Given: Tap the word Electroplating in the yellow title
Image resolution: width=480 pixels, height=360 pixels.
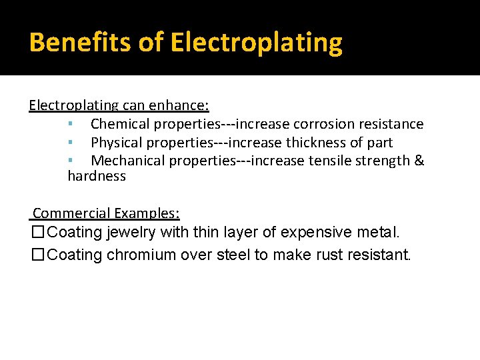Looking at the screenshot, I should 257,43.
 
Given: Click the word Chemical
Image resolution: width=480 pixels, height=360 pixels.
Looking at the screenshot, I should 120,124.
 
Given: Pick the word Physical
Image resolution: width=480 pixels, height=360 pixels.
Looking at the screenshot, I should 117,143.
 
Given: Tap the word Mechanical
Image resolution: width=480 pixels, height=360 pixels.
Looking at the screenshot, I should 127,161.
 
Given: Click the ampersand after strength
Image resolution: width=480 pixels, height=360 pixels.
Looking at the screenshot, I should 419,161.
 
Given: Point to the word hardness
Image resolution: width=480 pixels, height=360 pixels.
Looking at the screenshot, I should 97,176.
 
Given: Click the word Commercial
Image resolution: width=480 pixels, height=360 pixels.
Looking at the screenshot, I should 71,213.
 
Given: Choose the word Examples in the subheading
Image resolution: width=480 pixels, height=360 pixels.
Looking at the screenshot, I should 147,213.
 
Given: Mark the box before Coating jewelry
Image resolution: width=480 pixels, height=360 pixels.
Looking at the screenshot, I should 38,233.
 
